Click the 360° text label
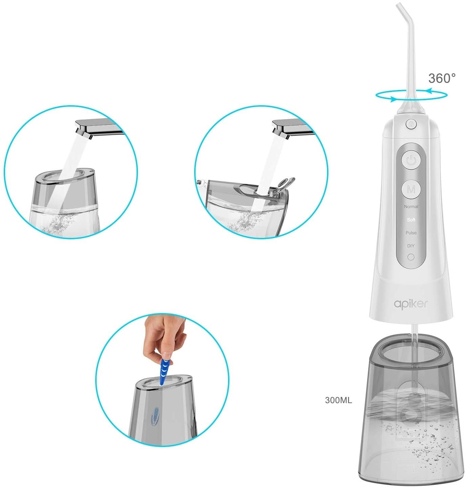pos(442,78)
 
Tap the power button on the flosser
pos(411,160)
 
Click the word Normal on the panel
pos(411,206)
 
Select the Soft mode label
pos(411,220)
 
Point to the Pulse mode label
pos(411,233)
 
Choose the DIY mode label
pos(411,246)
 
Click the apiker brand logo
pos(410,304)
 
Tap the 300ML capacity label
pos(339,400)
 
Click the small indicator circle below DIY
pos(411,257)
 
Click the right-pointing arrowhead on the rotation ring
pos(393,99)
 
